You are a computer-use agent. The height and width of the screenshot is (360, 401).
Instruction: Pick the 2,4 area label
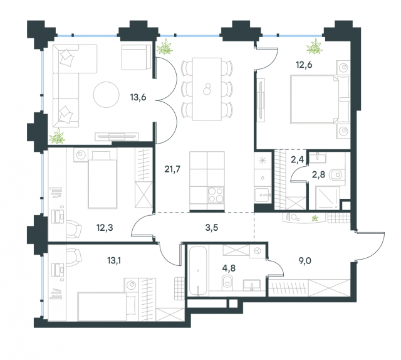tap(297, 160)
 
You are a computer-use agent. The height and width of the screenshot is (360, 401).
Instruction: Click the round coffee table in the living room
tap(106, 95)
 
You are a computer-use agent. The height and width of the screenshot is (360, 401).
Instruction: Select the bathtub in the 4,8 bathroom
tap(197, 273)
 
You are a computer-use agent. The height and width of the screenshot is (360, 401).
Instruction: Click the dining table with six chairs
tap(206, 88)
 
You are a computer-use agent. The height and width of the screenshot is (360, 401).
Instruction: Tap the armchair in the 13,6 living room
tap(133, 57)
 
